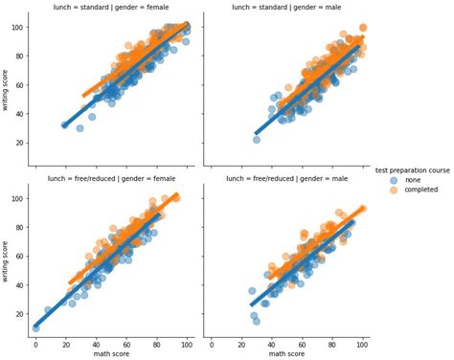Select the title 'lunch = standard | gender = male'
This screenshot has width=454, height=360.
pos(284,8)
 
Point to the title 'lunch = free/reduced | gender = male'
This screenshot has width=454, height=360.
pos(284,178)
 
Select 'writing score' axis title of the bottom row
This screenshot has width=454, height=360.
pos(7,258)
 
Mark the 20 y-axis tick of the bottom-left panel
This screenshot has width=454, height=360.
pos(21,314)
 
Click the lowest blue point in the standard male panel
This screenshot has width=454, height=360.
pos(257,140)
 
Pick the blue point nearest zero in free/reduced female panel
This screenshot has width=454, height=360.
pos(35,326)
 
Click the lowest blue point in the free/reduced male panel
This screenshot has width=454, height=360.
pos(256,321)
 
